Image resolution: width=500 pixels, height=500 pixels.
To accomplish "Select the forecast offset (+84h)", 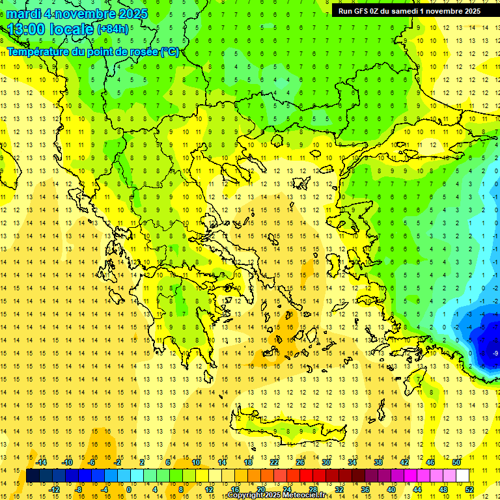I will [x=113, y=29].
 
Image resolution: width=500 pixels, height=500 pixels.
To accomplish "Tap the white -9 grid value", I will [x=495, y=353].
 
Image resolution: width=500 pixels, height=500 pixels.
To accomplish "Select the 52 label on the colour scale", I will [x=469, y=490].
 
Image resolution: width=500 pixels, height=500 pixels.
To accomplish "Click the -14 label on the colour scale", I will [x=41, y=462].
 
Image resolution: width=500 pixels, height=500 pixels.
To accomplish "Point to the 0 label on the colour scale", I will [x=129, y=490].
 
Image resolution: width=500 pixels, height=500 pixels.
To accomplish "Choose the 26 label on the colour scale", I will [x=300, y=462].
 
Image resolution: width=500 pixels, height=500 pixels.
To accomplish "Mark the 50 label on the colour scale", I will [x=456, y=462].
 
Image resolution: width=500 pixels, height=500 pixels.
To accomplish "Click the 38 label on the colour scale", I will [x=378, y=462].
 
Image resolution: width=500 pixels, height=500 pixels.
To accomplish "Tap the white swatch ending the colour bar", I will [x=462, y=476].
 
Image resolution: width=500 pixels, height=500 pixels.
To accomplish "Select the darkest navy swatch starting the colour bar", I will [x=33, y=476].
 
